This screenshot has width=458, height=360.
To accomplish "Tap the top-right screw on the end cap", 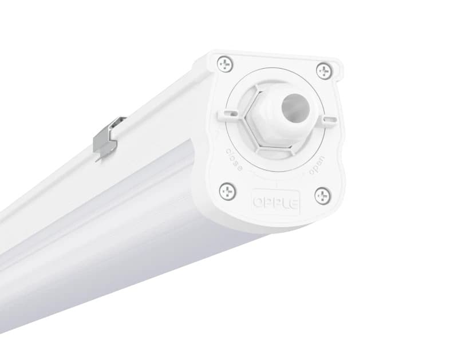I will (x=324, y=71).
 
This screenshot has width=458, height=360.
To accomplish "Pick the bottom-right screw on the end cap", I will (x=323, y=195).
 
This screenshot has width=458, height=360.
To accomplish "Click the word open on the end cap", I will (x=317, y=164).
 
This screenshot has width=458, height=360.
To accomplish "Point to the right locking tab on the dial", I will (x=329, y=120).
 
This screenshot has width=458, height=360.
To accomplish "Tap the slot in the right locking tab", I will (x=329, y=120).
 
